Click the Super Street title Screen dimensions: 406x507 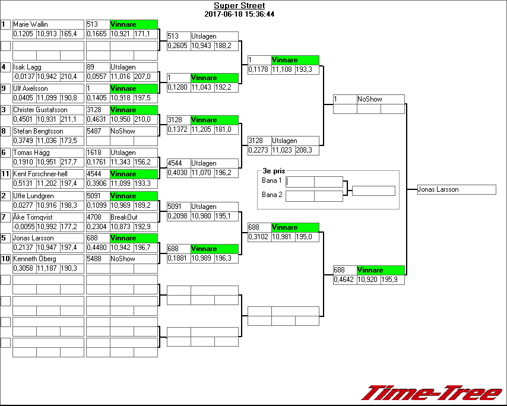coord(239,6)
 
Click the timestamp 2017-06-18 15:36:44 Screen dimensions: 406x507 coord(239,14)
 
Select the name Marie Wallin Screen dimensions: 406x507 coord(31,24)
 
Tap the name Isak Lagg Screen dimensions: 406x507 coord(27,67)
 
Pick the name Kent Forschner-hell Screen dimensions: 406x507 coord(40,174)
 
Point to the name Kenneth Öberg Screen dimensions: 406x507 coord(34,259)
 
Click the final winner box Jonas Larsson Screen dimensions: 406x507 coord(456,190)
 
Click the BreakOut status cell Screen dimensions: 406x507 coord(123,217)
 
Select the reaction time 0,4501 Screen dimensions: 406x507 coord(24,119)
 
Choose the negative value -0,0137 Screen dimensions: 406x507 coord(24,77)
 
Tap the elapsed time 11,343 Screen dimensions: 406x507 coord(121,162)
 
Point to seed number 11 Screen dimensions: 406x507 coord(5,174)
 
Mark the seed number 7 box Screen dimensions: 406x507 coord(5,217)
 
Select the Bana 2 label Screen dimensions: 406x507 coord(271,194)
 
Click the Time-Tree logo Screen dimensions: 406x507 coord(432,393)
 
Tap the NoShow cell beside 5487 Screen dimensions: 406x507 coord(122,131)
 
